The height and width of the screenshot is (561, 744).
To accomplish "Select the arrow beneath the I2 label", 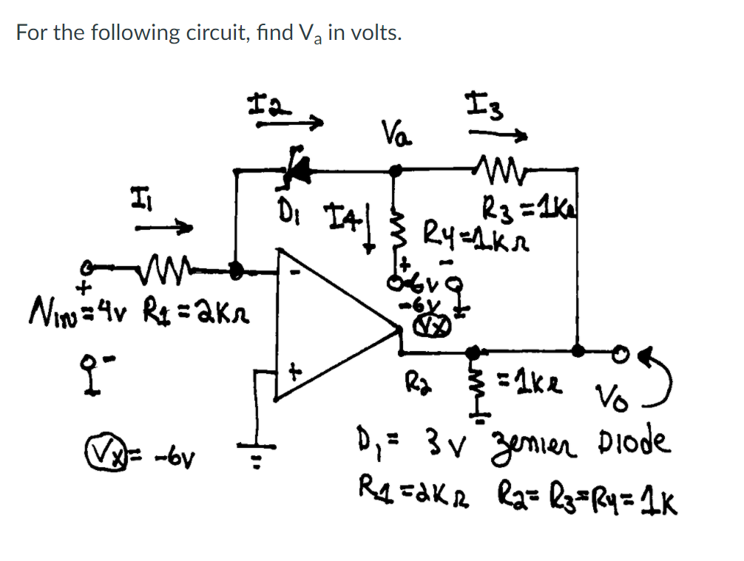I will pos(289,123).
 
